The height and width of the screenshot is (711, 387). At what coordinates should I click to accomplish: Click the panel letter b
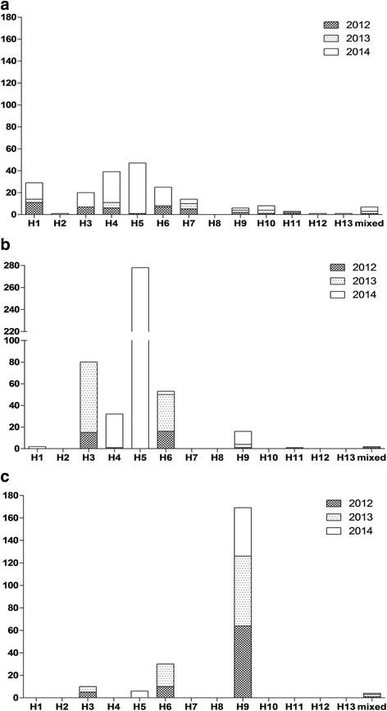coord(6,244)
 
